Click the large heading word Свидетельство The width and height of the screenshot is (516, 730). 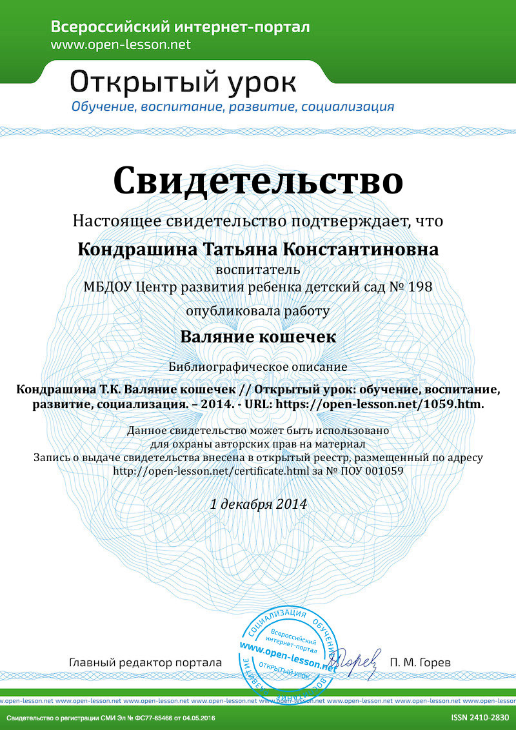pyautogui.click(x=258, y=181)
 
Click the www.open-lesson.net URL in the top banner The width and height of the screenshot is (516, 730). pyautogui.click(x=121, y=44)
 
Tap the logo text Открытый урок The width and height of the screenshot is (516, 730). pyautogui.click(x=183, y=83)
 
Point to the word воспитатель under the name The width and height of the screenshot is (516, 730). pyautogui.click(x=258, y=269)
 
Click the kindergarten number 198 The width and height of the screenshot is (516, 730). pyautogui.click(x=420, y=286)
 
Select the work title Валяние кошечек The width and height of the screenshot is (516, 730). pyautogui.click(x=258, y=337)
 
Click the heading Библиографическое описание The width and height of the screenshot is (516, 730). pyautogui.click(x=258, y=367)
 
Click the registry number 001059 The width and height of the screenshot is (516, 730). pyautogui.click(x=386, y=471)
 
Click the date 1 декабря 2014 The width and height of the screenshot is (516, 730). pyautogui.click(x=258, y=504)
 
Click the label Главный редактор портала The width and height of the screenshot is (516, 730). pyautogui.click(x=145, y=662)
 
